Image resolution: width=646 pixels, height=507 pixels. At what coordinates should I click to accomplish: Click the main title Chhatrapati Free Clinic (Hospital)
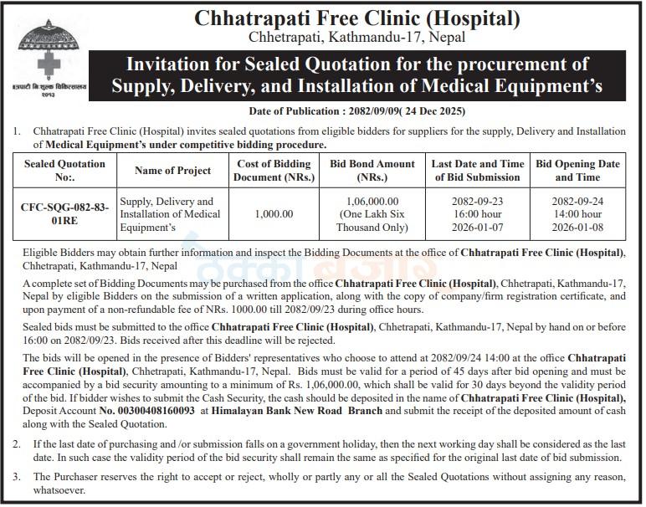357,17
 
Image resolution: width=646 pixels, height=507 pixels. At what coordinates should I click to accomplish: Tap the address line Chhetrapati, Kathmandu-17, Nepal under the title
357,37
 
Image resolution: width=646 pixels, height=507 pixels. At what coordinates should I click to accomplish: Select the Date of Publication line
357,111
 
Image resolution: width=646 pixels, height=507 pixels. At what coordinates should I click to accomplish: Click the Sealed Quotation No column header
64,170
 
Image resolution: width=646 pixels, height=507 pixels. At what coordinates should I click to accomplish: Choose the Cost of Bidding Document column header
275,170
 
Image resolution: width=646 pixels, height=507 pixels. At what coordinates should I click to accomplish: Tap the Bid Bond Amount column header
372,170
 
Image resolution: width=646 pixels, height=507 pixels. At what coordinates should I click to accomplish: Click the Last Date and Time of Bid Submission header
478,170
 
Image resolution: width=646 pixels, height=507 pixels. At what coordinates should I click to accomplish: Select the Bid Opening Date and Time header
577,170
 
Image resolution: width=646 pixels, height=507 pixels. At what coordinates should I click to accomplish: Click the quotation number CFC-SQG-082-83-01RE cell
64,214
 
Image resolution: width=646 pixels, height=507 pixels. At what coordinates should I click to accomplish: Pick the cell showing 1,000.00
275,214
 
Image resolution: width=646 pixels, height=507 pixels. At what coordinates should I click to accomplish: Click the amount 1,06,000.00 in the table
372,201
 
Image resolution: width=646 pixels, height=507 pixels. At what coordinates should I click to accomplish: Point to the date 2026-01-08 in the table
577,228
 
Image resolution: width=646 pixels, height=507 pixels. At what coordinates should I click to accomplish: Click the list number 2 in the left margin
16,444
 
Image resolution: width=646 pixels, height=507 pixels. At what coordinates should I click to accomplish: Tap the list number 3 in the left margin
16,476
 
